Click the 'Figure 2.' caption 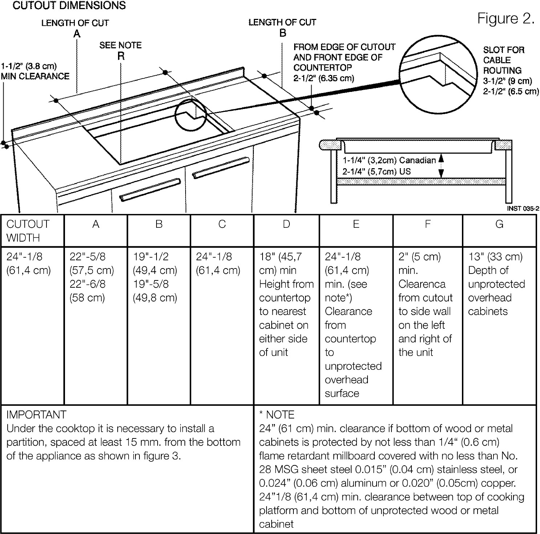[506, 18]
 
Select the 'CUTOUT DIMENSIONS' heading [69, 5]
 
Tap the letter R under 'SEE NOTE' [121, 56]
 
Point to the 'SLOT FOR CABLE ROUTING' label [503, 60]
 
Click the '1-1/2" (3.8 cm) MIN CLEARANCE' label [35, 71]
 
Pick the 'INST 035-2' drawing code [523, 209]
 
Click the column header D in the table [286, 224]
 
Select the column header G [499, 224]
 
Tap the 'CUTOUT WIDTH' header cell [28, 231]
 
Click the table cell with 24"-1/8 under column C [218, 263]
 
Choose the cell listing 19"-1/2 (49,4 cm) [155, 263]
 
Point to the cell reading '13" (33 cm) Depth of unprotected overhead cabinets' [496, 284]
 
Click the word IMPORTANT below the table [36, 414]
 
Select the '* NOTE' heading [277, 414]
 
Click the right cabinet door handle [221, 167]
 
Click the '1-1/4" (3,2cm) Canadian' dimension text [389, 160]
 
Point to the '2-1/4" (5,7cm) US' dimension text [377, 171]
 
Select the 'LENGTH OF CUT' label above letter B [282, 22]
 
